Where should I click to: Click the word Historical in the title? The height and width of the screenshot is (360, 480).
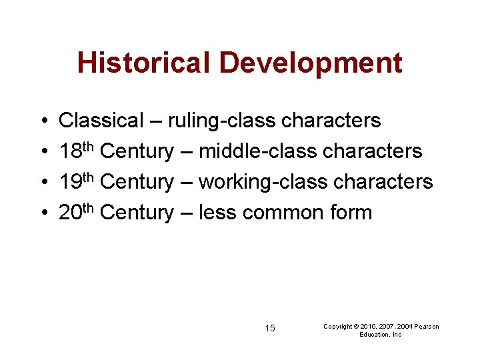(144, 63)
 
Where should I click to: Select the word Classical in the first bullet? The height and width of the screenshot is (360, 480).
(101, 121)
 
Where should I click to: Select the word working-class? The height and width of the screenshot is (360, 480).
(263, 182)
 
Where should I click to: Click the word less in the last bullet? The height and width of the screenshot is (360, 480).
(218, 213)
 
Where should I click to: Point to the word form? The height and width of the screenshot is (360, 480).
(351, 213)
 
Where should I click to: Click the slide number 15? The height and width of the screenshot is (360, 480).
(270, 328)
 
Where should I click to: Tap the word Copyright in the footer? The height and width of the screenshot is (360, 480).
(337, 327)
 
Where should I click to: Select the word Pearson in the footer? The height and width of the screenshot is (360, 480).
(425, 327)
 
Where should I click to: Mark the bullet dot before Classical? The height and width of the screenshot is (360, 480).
(43, 121)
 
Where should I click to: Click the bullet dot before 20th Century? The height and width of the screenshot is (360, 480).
(43, 213)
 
